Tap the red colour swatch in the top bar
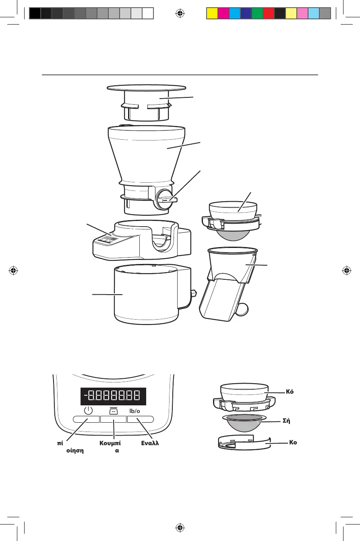[268, 13]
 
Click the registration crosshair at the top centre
[180, 13]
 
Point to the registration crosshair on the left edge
[14, 270]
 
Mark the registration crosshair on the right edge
[346, 270]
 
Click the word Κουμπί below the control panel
[110, 443]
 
